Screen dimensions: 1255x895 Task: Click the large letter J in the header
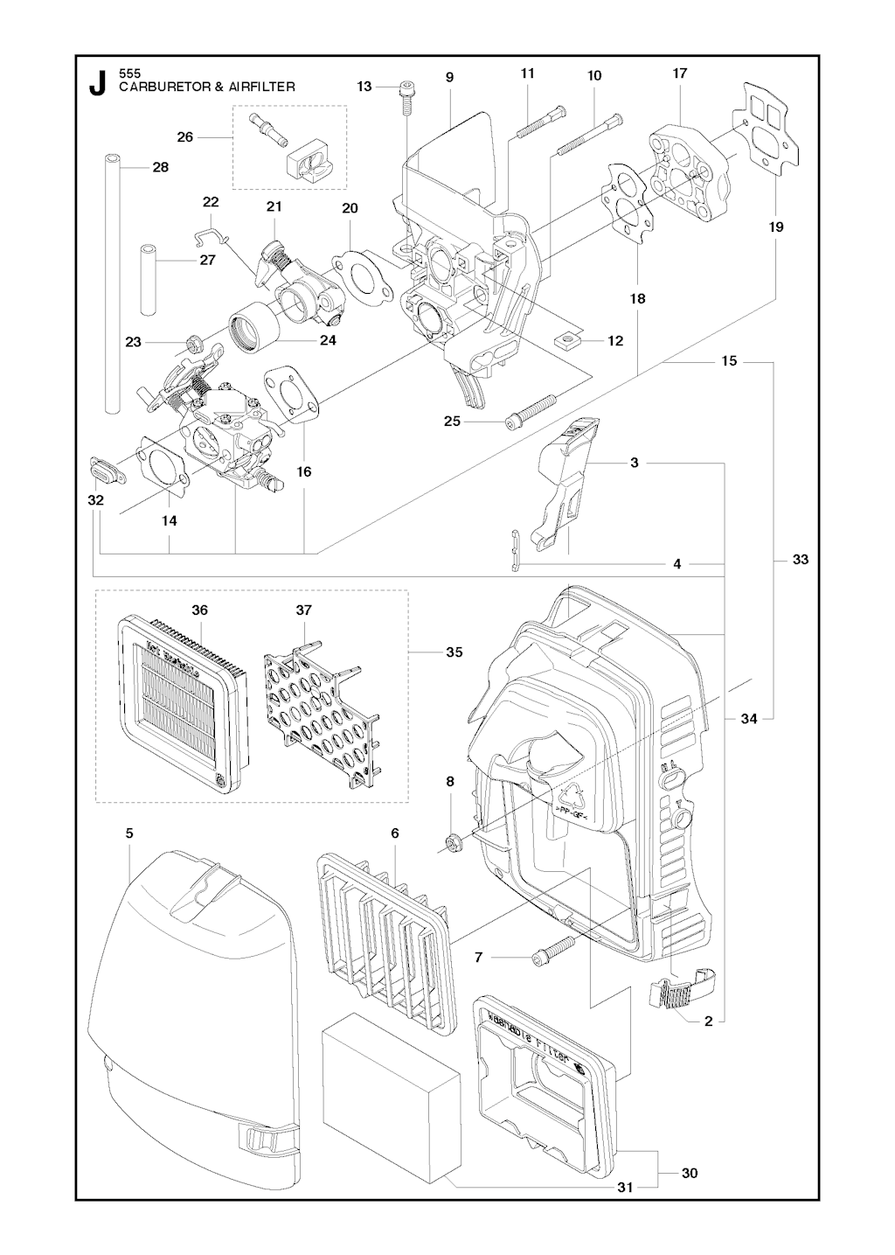click(x=97, y=82)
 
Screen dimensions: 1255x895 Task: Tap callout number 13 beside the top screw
click(x=364, y=86)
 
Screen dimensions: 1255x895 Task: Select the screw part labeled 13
click(x=407, y=96)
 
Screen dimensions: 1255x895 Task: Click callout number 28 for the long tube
click(x=161, y=167)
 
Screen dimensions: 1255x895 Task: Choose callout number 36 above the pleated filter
click(x=199, y=610)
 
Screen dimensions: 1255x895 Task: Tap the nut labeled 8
click(x=452, y=842)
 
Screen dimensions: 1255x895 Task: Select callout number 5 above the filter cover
click(x=129, y=833)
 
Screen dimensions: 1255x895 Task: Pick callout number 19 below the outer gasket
click(x=776, y=227)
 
